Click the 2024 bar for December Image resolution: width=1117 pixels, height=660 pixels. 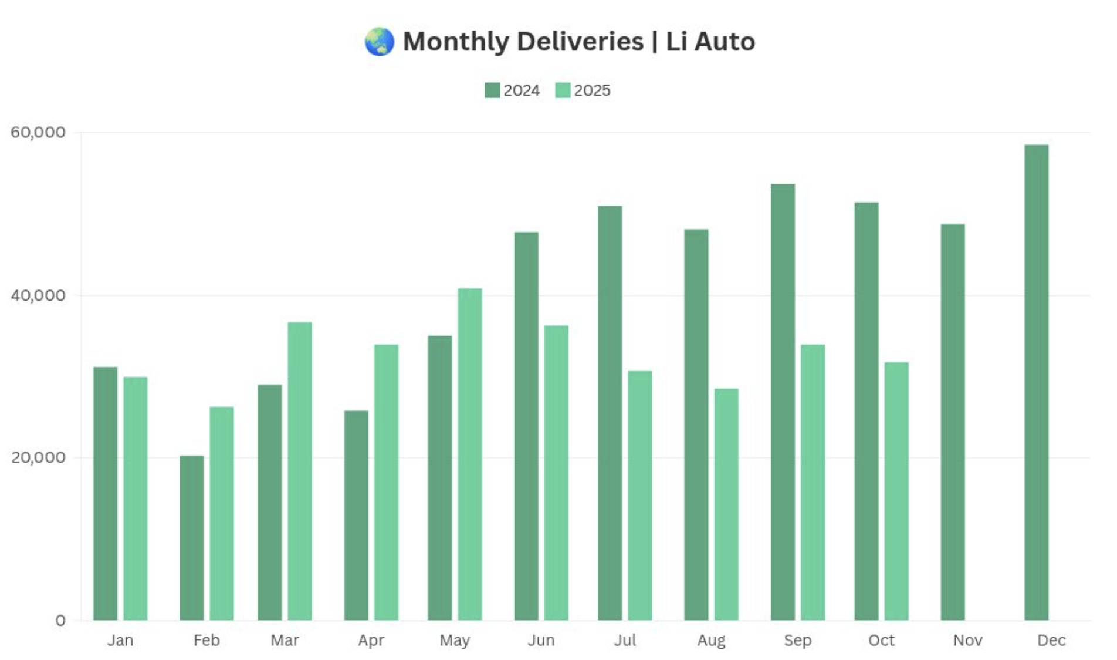pos(1036,382)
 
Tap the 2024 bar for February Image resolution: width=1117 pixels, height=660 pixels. pos(192,537)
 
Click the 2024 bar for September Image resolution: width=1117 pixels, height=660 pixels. pos(783,402)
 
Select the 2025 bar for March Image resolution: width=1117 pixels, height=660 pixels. pos(300,471)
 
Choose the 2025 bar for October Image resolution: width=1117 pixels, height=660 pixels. pos(896,491)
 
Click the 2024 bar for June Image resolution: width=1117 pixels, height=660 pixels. pos(526,426)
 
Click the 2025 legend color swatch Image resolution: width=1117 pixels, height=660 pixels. pos(563,90)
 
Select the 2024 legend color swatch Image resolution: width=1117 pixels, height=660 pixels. pos(492,90)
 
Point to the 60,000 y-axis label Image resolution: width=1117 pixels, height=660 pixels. pos(38,132)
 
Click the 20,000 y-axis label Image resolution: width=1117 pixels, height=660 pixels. pos(38,457)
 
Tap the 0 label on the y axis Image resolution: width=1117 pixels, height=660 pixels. pos(60,621)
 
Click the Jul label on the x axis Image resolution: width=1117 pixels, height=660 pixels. pos(625,640)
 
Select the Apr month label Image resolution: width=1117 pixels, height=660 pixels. pos(371,640)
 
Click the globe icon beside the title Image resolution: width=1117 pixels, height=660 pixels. pos(380,42)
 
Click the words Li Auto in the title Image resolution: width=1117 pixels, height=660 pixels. pos(710,42)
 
